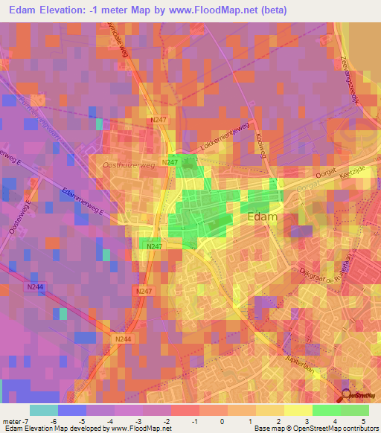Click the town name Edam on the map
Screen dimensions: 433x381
tap(261, 217)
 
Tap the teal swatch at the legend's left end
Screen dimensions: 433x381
tap(43, 410)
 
